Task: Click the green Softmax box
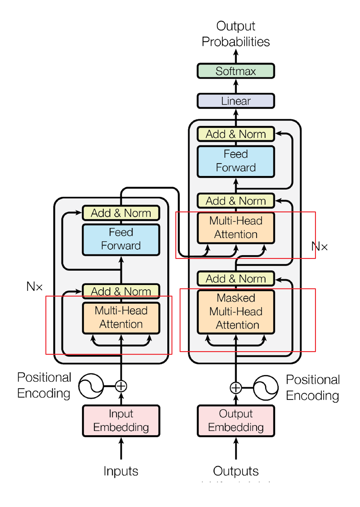click(x=236, y=71)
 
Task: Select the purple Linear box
click(x=236, y=101)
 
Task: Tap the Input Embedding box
click(x=121, y=421)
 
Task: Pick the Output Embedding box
click(x=236, y=421)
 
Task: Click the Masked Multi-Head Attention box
click(x=236, y=311)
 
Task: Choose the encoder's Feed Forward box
click(x=121, y=239)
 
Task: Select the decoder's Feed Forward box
click(x=236, y=161)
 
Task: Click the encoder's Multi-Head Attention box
click(x=121, y=318)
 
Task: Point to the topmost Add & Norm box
click(x=236, y=134)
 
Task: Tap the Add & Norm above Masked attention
click(x=236, y=278)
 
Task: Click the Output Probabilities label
click(x=236, y=34)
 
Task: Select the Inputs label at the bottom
click(x=121, y=471)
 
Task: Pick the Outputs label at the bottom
click(x=236, y=471)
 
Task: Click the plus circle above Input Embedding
click(x=121, y=386)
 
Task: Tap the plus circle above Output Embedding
click(x=236, y=388)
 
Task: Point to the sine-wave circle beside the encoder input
click(x=91, y=386)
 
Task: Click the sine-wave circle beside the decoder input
click(x=266, y=388)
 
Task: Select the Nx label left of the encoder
click(x=34, y=287)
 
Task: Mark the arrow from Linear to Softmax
click(x=236, y=86)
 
